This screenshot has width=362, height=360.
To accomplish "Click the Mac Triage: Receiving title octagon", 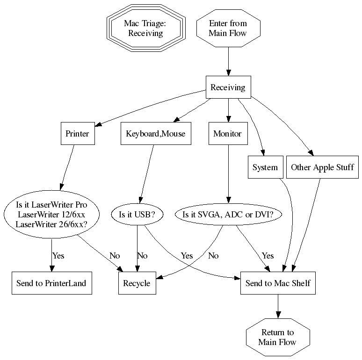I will coord(145,28).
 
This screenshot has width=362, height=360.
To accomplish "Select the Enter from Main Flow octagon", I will coord(228,28).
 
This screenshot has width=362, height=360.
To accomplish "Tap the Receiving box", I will coord(228,87).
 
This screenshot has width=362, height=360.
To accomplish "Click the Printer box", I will coord(77,134).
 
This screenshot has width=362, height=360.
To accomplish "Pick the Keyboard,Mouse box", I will coord(156,134).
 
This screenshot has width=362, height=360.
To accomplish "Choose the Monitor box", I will coord(228,134).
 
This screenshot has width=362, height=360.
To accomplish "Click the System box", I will coord(265,167).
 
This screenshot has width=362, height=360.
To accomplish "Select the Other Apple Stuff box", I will coord(322,167).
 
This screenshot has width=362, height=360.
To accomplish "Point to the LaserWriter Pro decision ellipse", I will coord(51,215).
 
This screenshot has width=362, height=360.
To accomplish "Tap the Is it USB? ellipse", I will coord(137,215).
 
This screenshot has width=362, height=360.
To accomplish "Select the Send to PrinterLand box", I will coord(51,283).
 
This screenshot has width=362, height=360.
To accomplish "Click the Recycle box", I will coord(137,283).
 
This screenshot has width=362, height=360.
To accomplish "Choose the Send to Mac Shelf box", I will coord(278,283).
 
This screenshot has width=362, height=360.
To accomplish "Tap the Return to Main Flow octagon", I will coord(278,337).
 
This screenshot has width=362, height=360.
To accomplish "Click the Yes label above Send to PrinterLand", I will coord(58,256).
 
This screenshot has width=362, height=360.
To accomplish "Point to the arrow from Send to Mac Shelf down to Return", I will coord(278,307).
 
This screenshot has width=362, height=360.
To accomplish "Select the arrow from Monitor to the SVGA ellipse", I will coord(228,173).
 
